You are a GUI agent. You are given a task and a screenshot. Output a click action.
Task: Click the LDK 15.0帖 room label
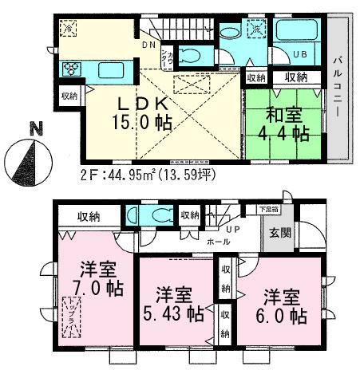coord(144,112)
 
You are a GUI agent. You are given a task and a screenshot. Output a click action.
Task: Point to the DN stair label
coord(149,45)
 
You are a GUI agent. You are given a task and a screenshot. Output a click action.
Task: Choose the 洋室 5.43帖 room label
coord(173,302)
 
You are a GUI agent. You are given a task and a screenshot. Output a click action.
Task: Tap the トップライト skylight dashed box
coord(70,316)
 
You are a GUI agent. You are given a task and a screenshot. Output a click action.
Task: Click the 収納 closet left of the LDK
coord(69,96)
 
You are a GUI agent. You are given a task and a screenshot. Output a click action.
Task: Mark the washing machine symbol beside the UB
coord(258,30)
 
